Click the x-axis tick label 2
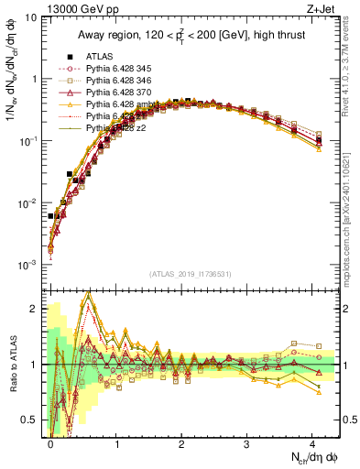(x=181, y=442)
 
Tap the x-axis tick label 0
(x=50, y=442)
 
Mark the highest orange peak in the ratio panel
(x=89, y=293)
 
